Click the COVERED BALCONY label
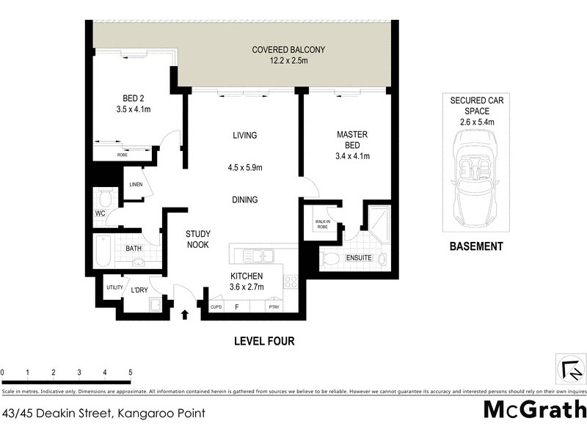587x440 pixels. tap(288, 50)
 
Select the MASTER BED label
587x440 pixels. tap(351, 135)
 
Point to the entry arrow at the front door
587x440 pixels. tap(184, 315)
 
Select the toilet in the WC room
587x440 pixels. tap(104, 197)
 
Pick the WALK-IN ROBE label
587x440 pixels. tap(324, 224)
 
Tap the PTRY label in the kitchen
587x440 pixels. tap(274, 307)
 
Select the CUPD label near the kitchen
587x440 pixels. tap(216, 307)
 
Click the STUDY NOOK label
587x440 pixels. tap(198, 239)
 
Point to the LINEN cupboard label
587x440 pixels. tap(135, 184)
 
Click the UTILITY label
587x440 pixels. tap(114, 287)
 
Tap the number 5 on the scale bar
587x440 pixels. tap(130, 373)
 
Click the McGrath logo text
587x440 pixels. tap(535, 409)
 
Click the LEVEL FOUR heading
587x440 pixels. tap(264, 341)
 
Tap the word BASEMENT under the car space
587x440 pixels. tap(475, 246)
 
